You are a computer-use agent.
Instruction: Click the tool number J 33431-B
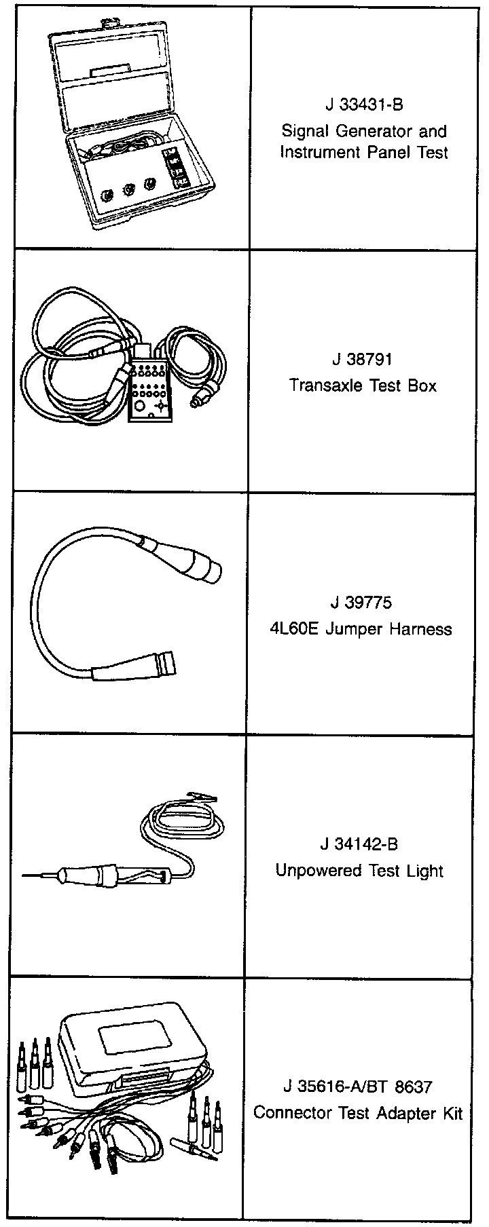click(x=364, y=106)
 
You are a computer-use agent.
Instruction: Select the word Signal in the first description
click(x=303, y=131)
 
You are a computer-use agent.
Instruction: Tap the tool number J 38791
click(x=363, y=359)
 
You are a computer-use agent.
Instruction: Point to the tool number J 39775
click(x=362, y=603)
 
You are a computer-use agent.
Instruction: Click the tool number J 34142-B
click(x=359, y=844)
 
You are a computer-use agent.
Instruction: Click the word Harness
click(x=420, y=629)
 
